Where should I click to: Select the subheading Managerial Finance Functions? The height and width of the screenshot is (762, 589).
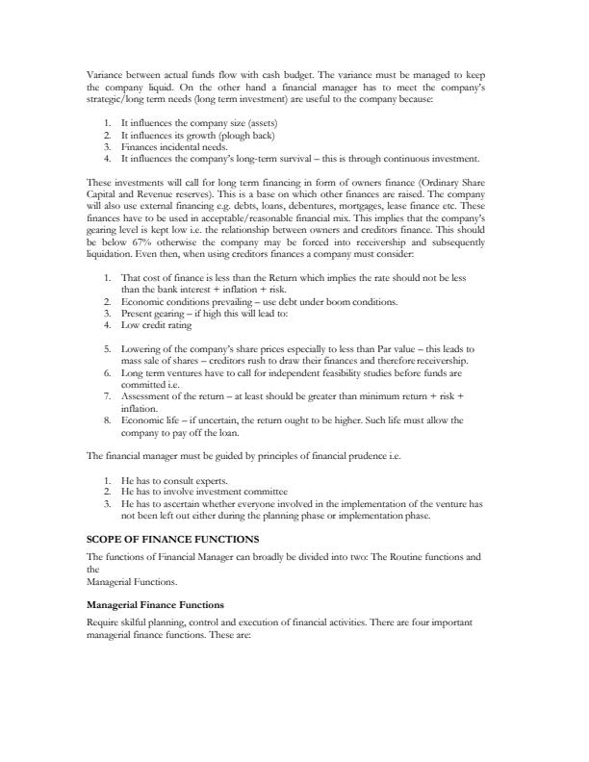pyautogui.click(x=155, y=604)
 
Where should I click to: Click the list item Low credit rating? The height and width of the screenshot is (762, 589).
pyautogui.click(x=157, y=325)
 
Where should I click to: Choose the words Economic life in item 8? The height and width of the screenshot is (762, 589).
pyautogui.click(x=152, y=420)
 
